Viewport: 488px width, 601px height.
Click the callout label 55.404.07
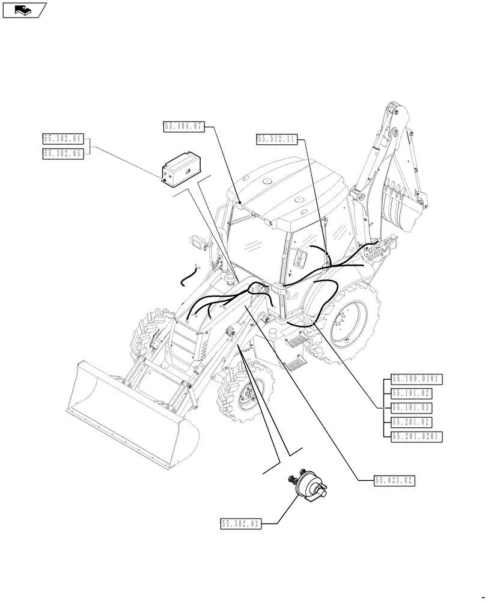coord(184,126)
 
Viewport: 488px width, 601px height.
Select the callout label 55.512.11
coord(276,139)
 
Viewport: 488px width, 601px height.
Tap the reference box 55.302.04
coord(63,139)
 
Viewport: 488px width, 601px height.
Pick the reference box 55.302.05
coord(63,154)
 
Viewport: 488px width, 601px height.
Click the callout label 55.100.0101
coord(416,379)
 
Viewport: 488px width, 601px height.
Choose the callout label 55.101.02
coord(412,394)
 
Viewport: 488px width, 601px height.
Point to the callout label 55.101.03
coord(412,408)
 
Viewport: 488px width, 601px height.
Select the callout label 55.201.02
coord(412,423)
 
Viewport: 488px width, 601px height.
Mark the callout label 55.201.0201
coord(416,437)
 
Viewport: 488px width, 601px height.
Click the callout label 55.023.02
coord(394,480)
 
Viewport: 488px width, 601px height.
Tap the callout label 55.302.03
coord(240,524)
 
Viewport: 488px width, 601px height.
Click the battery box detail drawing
coord(183,169)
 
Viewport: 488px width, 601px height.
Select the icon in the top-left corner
coord(24,10)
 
